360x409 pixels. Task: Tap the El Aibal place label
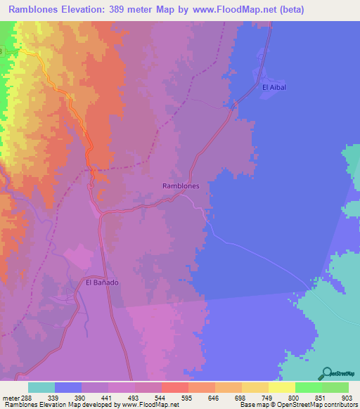(274, 87)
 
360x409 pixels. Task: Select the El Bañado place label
(103, 283)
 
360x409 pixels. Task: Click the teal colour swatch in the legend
(41, 387)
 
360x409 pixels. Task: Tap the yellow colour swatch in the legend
(282, 387)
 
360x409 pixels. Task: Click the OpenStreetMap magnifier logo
(326, 372)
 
